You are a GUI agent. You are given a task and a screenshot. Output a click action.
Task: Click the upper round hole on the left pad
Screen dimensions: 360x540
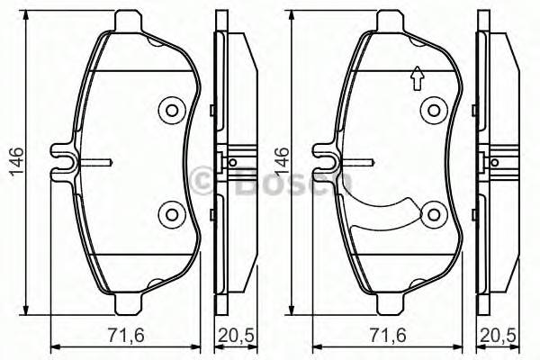pyautogui.click(x=170, y=110)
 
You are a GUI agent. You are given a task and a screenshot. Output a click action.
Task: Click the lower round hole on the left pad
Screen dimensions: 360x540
pyautogui.click(x=170, y=213)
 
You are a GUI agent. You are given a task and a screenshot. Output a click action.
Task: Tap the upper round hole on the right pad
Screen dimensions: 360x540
pyautogui.click(x=436, y=110)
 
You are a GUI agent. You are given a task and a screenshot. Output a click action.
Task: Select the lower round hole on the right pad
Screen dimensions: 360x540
pyautogui.click(x=436, y=214)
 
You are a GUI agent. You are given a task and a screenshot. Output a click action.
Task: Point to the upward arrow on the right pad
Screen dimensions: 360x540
pyautogui.click(x=416, y=80)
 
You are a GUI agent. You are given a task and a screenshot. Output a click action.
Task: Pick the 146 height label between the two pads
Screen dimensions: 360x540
pyautogui.click(x=280, y=163)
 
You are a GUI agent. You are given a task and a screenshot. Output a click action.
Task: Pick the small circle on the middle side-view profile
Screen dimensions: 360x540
pyautogui.click(x=232, y=162)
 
